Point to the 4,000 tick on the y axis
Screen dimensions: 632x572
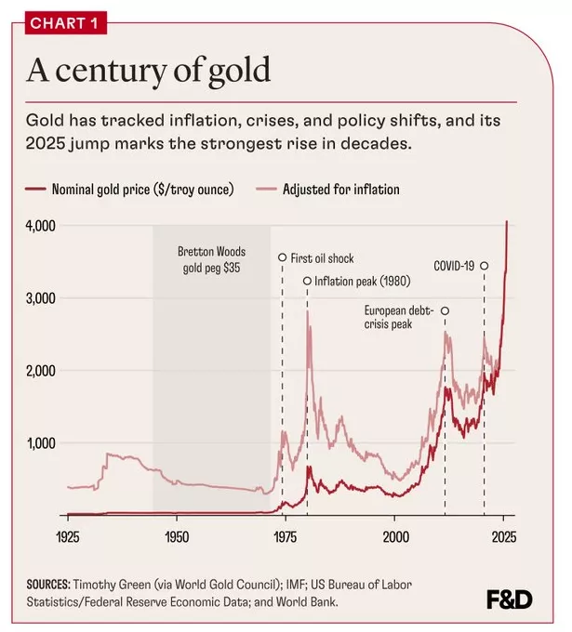[40, 226]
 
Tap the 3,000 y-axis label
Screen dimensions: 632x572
[40, 298]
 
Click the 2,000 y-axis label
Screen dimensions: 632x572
[40, 371]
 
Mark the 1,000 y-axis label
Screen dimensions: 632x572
[40, 443]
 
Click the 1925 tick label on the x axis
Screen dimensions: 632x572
[68, 537]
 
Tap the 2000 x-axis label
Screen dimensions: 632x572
[395, 537]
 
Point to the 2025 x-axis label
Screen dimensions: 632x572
[503, 537]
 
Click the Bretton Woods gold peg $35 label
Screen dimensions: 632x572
[212, 258]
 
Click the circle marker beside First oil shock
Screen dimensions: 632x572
[283, 257]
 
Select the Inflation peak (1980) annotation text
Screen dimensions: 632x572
[359, 282]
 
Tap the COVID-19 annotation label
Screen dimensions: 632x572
[454, 266]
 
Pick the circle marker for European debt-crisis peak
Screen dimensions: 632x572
[445, 310]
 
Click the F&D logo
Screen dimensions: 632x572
[509, 600]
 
